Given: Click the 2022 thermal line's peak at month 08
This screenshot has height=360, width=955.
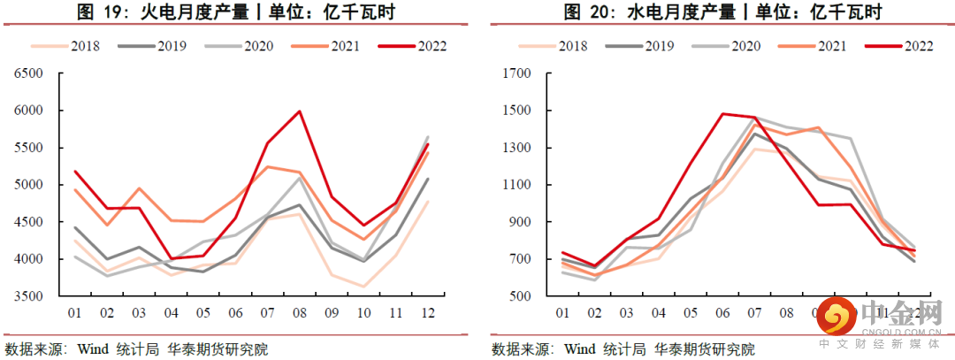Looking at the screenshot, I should click(300, 111).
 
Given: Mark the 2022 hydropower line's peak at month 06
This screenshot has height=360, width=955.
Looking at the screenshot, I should click(723, 113).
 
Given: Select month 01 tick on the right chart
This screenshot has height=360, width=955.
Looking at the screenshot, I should click(561, 313).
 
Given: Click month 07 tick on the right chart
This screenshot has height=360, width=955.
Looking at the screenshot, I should click(754, 313).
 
